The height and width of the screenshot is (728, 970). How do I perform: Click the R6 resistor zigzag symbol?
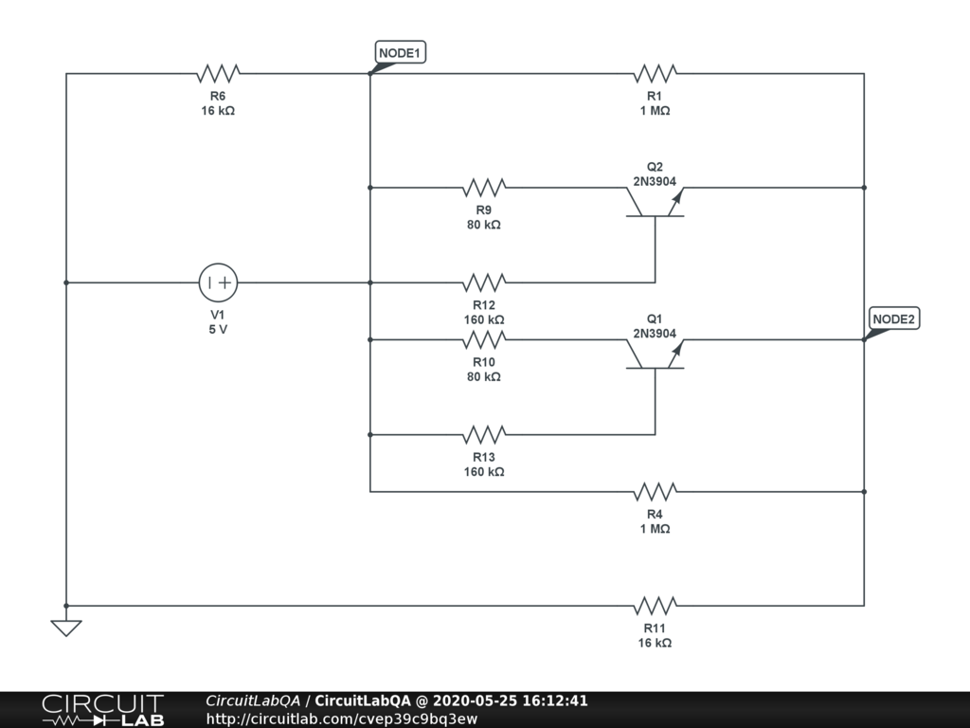pyautogui.click(x=218, y=74)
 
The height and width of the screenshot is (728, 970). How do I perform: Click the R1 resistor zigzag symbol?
pyautogui.click(x=655, y=74)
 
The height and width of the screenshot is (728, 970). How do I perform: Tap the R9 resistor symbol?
pyautogui.click(x=484, y=188)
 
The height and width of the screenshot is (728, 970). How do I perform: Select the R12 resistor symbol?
pyautogui.click(x=484, y=282)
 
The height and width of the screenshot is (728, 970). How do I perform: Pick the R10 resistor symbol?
pyautogui.click(x=484, y=339)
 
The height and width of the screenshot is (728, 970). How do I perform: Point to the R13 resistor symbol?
pyautogui.click(x=484, y=435)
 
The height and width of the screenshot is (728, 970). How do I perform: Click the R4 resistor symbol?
pyautogui.click(x=655, y=492)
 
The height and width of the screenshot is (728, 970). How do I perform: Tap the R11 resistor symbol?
pyautogui.click(x=655, y=606)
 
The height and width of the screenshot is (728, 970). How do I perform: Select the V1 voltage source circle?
pyautogui.click(x=218, y=282)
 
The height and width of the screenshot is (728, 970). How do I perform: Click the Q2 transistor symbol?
pyautogui.click(x=655, y=201)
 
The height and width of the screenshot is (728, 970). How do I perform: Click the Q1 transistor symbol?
pyautogui.click(x=655, y=353)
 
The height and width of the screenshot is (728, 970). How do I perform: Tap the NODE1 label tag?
pyautogui.click(x=401, y=53)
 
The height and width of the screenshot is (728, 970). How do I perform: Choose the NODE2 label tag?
pyautogui.click(x=893, y=319)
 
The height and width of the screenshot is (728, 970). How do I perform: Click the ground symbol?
pyautogui.click(x=66, y=628)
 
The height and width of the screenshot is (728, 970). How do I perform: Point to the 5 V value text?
pyautogui.click(x=218, y=330)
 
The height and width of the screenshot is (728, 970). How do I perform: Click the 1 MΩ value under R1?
pyautogui.click(x=655, y=111)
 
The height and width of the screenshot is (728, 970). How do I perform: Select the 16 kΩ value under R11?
pyautogui.click(x=655, y=643)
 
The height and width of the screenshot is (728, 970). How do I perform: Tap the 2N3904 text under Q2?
pyautogui.click(x=655, y=180)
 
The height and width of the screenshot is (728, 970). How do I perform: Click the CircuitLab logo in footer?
pyautogui.click(x=102, y=710)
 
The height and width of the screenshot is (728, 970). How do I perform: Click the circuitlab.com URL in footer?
pyautogui.click(x=341, y=719)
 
